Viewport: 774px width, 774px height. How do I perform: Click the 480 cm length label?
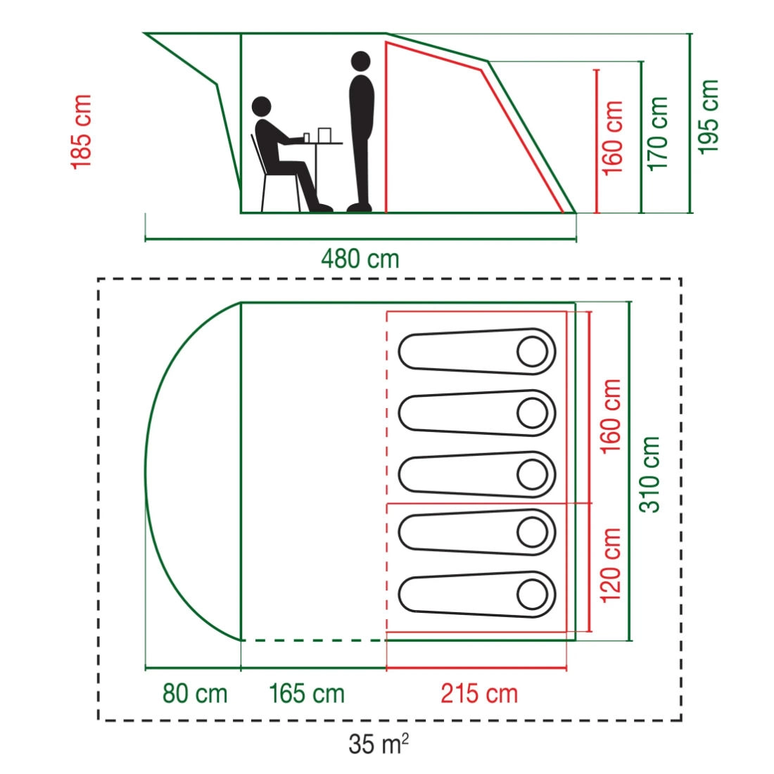click(x=360, y=259)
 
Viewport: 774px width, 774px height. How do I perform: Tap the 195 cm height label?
click(x=708, y=117)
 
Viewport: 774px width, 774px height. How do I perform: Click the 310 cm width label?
click(x=649, y=474)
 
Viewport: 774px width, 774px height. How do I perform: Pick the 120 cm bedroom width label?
click(x=610, y=565)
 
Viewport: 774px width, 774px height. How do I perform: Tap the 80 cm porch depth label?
click(x=195, y=693)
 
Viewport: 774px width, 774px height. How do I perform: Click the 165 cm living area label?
click(x=307, y=693)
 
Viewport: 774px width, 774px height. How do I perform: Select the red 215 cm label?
click(x=479, y=693)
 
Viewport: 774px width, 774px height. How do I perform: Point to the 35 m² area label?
click(x=379, y=744)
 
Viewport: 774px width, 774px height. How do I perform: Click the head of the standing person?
click(x=362, y=63)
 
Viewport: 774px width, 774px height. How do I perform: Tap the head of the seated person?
click(x=262, y=107)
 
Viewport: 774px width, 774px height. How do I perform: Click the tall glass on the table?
click(x=325, y=135)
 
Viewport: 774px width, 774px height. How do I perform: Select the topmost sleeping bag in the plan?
click(x=477, y=351)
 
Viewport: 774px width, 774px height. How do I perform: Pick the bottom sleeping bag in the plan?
click(x=477, y=595)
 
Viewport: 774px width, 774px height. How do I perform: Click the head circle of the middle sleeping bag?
click(x=532, y=474)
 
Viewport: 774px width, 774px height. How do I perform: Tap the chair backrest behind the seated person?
click(x=259, y=155)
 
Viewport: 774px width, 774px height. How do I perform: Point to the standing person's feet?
click(x=360, y=208)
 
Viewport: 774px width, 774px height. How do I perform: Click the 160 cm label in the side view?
click(x=613, y=138)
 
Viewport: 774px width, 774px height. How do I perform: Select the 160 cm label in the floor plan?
click(x=610, y=416)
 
